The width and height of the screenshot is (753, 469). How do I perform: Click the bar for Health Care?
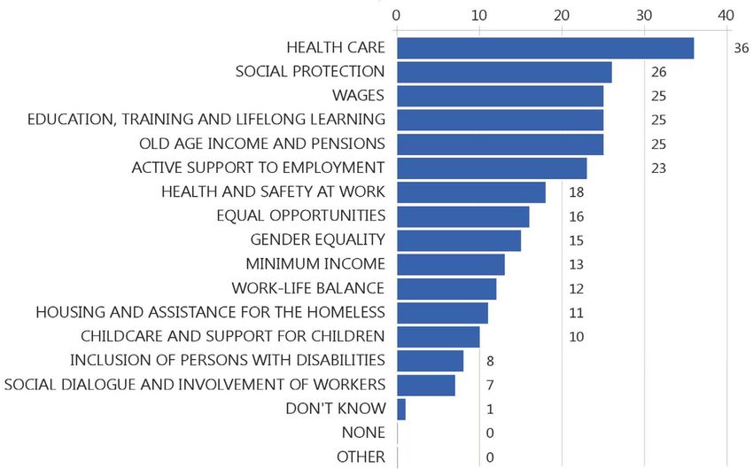[545, 48]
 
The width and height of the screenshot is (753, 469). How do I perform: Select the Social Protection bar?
[504, 72]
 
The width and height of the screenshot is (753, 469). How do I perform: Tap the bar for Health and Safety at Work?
[471, 192]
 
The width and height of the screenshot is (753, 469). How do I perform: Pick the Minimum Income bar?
[450, 264]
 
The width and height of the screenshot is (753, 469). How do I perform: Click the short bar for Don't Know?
[401, 409]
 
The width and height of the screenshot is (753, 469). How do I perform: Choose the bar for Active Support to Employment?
[492, 168]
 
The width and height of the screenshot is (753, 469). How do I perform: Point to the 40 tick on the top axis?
[726, 15]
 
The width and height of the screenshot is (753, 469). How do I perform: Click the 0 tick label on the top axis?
[397, 15]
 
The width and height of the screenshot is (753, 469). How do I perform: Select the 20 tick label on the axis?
[562, 15]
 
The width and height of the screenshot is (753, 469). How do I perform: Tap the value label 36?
[741, 48]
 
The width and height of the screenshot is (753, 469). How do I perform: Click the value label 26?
[658, 72]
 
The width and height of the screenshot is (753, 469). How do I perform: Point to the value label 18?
[575, 192]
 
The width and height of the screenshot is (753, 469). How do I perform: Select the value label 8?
[489, 361]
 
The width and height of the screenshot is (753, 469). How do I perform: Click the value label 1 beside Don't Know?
[489, 409]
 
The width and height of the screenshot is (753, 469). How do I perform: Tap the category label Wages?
[358, 95]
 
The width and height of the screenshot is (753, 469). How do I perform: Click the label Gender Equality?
[318, 239]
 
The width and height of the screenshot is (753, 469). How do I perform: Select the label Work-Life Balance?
[307, 288]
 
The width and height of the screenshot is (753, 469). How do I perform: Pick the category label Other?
[361, 457]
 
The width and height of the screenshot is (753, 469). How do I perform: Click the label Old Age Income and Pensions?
[261, 143]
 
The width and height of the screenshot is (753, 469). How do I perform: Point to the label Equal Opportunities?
[300, 215]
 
